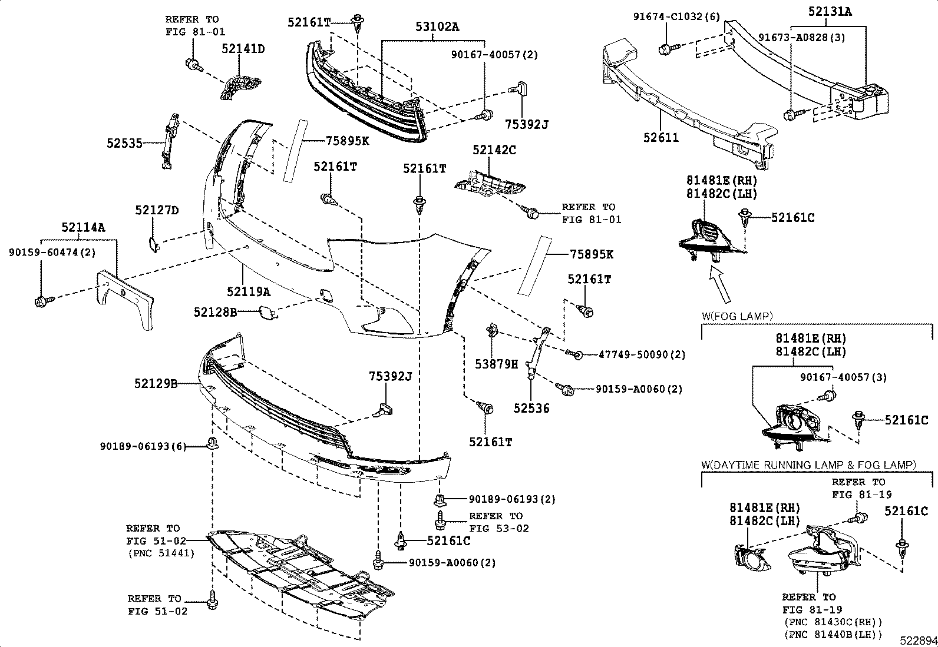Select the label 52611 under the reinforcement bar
[661, 138]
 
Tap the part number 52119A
[249, 291]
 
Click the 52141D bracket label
[243, 49]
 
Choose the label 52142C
[494, 151]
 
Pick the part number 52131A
[830, 11]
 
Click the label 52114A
[83, 227]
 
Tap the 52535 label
[124, 142]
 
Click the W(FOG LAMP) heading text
[736, 316]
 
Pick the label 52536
[530, 408]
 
